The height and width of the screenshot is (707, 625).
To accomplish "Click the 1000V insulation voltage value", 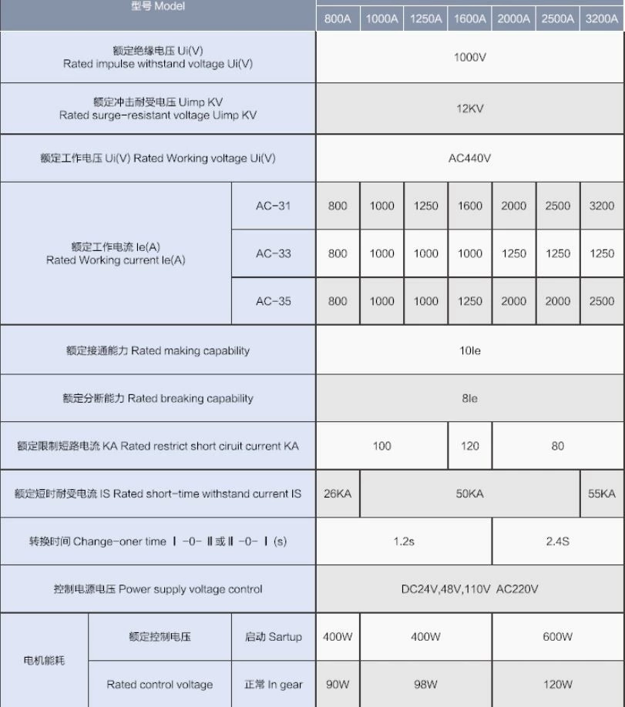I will (x=470, y=57).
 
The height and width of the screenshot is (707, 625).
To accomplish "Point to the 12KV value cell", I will (x=470, y=109).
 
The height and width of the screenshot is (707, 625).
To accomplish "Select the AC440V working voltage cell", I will (x=470, y=159).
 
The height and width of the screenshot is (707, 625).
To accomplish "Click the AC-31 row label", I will (x=274, y=206).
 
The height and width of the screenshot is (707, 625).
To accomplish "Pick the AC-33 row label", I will (x=274, y=253).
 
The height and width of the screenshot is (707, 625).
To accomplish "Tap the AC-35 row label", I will (x=274, y=301).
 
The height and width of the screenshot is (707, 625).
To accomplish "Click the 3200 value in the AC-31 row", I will (x=602, y=206).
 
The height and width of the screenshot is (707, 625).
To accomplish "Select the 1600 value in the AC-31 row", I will (x=470, y=206).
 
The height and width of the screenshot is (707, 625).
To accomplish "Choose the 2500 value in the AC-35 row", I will (x=602, y=301).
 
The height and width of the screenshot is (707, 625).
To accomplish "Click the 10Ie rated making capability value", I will (x=470, y=350).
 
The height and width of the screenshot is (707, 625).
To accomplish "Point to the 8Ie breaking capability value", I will (x=470, y=398).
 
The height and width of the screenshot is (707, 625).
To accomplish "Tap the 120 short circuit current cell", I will (x=470, y=446).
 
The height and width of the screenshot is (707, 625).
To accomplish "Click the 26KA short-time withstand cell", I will (x=338, y=494).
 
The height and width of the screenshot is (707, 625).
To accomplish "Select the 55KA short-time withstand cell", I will (x=602, y=494).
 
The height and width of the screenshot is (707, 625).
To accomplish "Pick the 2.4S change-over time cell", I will (x=558, y=541).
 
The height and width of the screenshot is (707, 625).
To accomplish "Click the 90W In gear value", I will (x=338, y=685).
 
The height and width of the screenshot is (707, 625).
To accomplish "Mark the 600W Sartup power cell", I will (x=558, y=637).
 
